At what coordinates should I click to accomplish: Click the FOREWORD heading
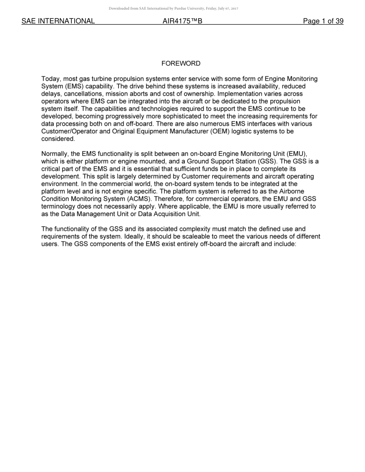point(181,63)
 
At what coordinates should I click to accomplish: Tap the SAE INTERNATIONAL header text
point(58,21)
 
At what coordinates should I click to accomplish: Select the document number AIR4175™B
point(182,21)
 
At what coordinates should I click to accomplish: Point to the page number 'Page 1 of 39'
point(323,21)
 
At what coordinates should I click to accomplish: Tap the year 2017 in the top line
point(235,8)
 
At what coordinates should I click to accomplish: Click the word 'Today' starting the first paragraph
point(50,79)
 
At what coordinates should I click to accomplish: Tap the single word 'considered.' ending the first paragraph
point(58,139)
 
